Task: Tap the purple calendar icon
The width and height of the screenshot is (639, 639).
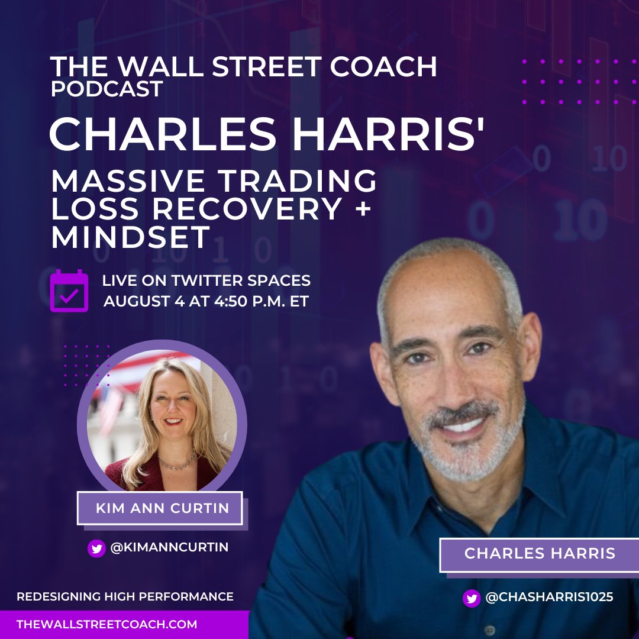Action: pos(69,291)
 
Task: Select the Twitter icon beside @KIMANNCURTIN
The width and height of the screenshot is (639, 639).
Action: pos(96,548)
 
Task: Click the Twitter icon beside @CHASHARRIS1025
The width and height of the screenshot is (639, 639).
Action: pos(472,598)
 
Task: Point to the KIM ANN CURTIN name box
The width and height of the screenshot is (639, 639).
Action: pos(160,508)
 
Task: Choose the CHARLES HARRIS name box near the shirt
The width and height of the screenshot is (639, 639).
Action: pos(540,554)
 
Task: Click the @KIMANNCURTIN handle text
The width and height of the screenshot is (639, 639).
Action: pos(169,548)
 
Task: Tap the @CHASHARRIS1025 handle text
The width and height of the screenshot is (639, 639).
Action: pos(549,598)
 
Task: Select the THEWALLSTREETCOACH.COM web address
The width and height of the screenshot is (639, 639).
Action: pos(107,625)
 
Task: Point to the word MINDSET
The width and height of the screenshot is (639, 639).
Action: pos(131,237)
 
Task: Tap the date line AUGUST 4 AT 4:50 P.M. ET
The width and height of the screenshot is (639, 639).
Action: pos(206,301)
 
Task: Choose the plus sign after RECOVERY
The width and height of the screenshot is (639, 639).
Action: pos(357,209)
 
